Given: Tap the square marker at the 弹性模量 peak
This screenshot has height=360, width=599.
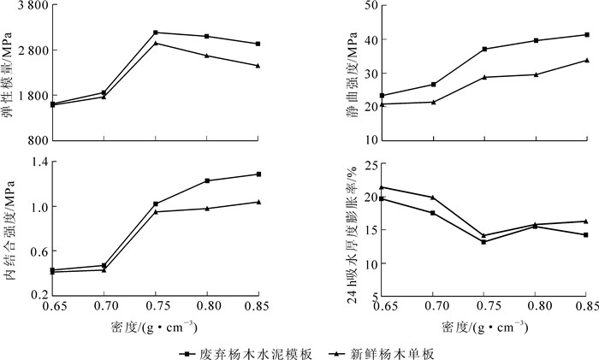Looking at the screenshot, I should click(x=155, y=32).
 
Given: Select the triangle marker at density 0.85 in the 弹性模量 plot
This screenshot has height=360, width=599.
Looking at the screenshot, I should click(x=258, y=66).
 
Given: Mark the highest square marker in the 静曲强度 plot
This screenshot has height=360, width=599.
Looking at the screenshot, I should click(x=587, y=34).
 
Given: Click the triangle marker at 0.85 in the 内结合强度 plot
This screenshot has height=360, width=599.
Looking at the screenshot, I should click(x=258, y=202).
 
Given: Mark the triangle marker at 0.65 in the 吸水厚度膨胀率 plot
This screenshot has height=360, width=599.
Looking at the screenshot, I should click(x=383, y=187).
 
